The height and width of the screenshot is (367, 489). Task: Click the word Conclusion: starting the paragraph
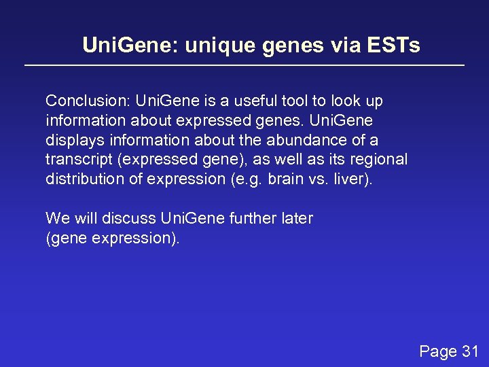pyautogui.click(x=88, y=101)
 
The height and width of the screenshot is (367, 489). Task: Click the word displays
pyautogui.click(x=72, y=140)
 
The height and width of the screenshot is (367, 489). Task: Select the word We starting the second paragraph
pyautogui.click(x=56, y=218)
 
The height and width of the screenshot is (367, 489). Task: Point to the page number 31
pyautogui.click(x=470, y=351)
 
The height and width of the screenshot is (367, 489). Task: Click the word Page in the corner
pyautogui.click(x=438, y=351)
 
